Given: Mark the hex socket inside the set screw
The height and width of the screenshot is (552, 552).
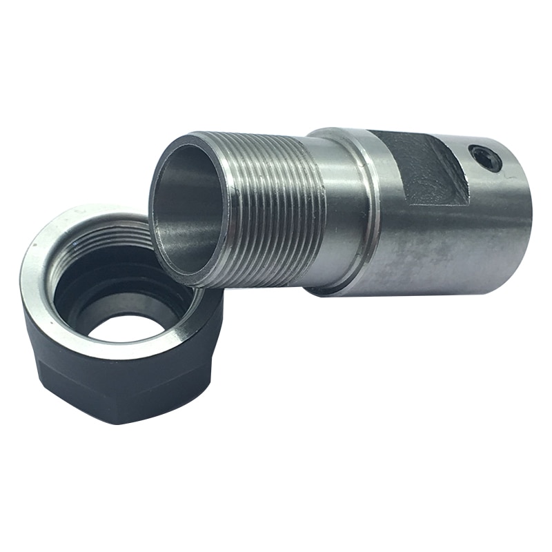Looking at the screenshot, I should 487,159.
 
